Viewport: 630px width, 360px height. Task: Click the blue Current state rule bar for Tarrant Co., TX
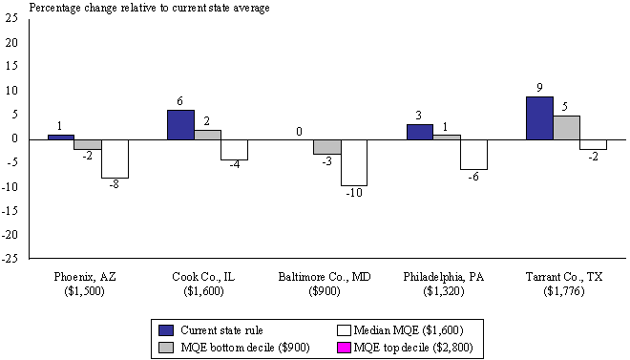click(538, 117)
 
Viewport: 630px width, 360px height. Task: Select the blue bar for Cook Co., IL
click(180, 124)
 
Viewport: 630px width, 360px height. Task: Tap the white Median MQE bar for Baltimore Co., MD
click(354, 161)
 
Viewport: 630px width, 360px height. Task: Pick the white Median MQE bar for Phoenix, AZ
click(115, 158)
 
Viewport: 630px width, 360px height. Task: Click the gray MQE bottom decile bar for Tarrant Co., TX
click(565, 127)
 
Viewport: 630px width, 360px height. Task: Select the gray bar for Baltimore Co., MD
click(326, 146)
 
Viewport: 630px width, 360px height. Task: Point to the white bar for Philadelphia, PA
click(473, 154)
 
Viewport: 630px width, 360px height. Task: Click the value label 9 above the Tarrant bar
click(538, 89)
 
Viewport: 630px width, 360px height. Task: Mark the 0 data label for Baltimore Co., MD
click(300, 131)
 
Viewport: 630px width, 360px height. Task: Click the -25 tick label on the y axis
click(10, 258)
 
